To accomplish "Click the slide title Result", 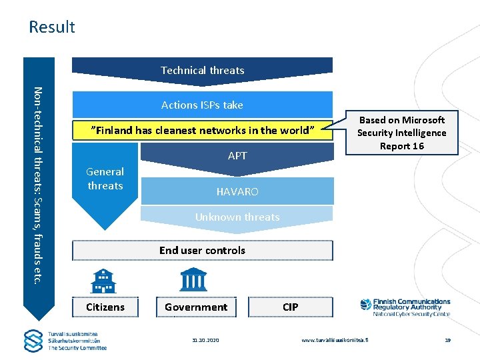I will [52, 27].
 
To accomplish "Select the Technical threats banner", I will [202, 70].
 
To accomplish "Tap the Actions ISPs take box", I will [202, 105].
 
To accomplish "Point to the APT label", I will [237, 156].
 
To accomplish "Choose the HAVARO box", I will [237, 192].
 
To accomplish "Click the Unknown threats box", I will [237, 217].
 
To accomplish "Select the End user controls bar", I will [202, 251].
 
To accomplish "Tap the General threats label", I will [105, 179].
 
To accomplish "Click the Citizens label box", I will [105, 307].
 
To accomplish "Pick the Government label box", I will [196, 307].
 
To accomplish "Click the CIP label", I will [291, 307].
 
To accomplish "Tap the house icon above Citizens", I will [103, 280].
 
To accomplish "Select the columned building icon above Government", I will [193, 280].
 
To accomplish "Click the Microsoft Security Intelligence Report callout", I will [401, 133].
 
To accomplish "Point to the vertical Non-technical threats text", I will [38, 184].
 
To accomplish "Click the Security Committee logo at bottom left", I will [65, 341].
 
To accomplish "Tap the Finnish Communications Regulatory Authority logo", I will [405, 307].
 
